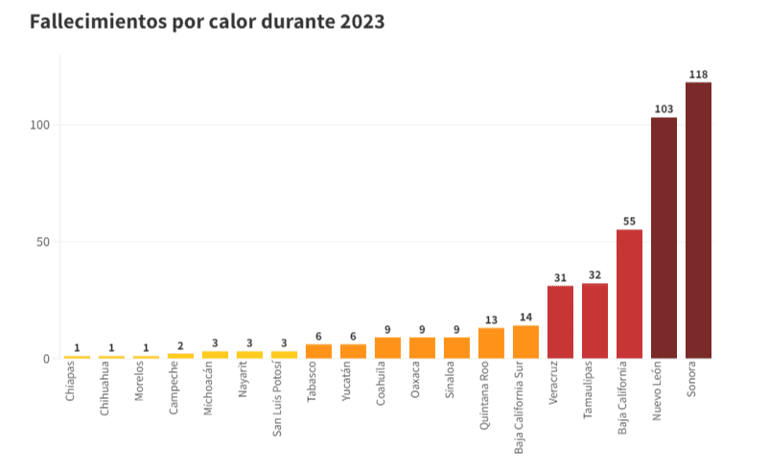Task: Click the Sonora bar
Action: pos(698,221)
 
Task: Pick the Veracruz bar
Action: pos(560,322)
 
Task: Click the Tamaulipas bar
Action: pos(594,321)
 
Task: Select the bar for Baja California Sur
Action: pos(525,342)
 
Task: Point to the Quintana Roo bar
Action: pos(491,343)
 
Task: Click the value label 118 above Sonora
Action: pos(698,74)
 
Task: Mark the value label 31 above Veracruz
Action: pos(560,278)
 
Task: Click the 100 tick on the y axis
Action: pos(39,125)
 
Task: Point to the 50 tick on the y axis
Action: pos(42,242)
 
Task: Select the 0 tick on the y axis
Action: pos(46,359)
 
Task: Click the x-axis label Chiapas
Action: pos(72,382)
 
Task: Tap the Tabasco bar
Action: pos(318,351)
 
